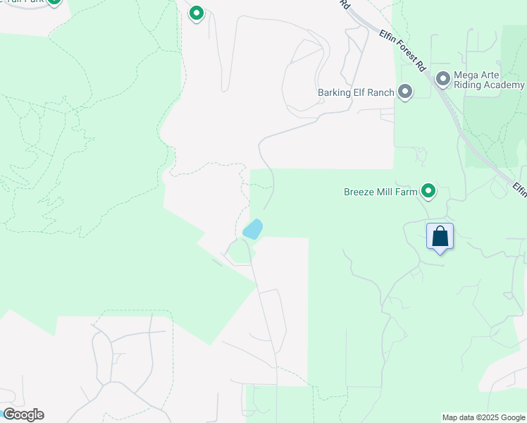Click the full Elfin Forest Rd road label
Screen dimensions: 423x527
point(402,51)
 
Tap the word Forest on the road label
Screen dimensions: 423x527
point(402,50)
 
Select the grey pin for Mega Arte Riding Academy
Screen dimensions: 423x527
point(442,79)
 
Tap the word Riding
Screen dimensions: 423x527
point(470,85)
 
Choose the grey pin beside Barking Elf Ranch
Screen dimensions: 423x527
point(405,92)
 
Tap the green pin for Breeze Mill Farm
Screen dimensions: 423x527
point(428,190)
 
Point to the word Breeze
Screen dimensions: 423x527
point(361,191)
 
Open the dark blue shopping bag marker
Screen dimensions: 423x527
point(440,236)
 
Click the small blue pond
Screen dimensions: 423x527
point(252,229)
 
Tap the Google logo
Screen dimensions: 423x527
point(23,415)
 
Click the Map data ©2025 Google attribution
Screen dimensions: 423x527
point(483,417)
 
